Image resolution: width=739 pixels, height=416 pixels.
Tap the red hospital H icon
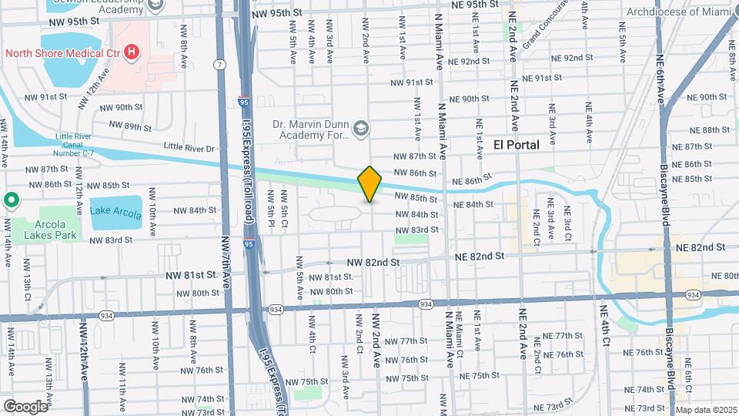click(132, 52)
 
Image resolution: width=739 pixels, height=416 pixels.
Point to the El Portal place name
click(516, 144)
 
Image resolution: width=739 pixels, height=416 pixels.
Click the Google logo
click(25, 406)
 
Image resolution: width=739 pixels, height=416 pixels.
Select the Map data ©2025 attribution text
click(706, 410)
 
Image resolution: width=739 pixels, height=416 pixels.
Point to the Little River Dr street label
click(190, 146)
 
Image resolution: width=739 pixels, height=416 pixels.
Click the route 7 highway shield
click(221, 63)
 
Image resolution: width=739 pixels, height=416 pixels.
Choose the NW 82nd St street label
click(373, 263)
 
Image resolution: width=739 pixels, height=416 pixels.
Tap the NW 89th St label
click(126, 127)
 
